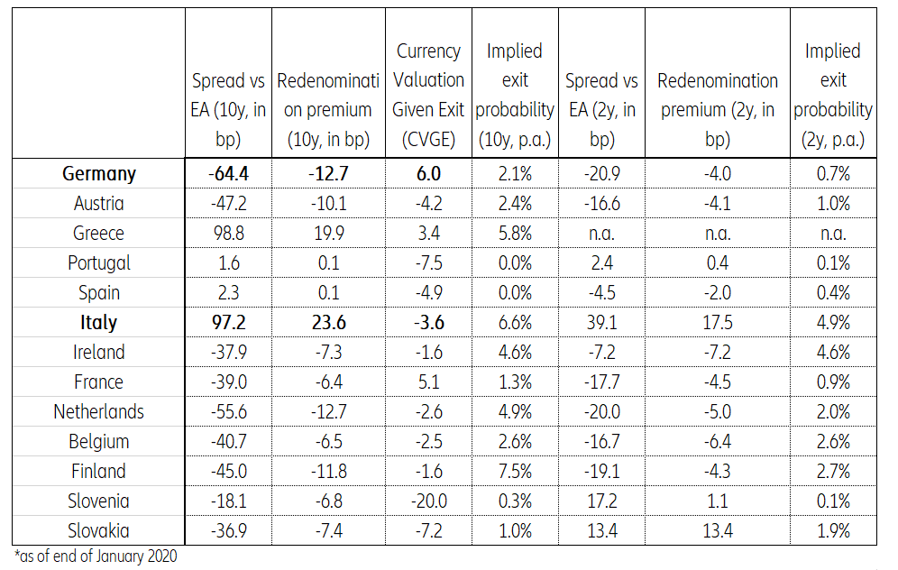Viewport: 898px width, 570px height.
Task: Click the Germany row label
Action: pyautogui.click(x=99, y=174)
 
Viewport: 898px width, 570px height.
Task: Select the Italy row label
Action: pyautogui.click(x=99, y=323)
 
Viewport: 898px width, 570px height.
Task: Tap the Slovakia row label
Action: pyautogui.click(x=99, y=531)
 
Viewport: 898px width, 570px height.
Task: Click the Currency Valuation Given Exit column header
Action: pyautogui.click(x=429, y=95)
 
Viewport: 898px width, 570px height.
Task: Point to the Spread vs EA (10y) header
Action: pyautogui.click(x=229, y=110)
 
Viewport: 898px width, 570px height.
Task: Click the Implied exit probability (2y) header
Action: pyautogui.click(x=833, y=95)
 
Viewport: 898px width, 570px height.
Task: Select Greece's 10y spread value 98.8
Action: pyautogui.click(x=229, y=234)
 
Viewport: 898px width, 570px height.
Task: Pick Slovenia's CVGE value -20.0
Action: pyautogui.click(x=429, y=501)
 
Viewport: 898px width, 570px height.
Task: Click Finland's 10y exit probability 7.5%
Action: pyautogui.click(x=515, y=472)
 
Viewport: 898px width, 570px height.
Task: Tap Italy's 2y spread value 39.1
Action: pyautogui.click(x=601, y=323)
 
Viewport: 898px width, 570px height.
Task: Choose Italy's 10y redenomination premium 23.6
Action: pyautogui.click(x=325, y=323)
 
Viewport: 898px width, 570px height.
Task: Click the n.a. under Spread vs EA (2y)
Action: pyautogui.click(x=601, y=234)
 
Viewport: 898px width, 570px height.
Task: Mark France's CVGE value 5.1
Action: pyautogui.click(x=429, y=382)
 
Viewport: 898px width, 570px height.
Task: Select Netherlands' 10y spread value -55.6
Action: pyautogui.click(x=229, y=412)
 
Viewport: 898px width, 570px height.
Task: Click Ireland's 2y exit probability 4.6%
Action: pyautogui.click(x=833, y=353)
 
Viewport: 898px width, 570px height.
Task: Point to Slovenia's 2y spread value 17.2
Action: pyautogui.click(x=601, y=501)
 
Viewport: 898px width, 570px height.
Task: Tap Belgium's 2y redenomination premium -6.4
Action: pyautogui.click(x=718, y=442)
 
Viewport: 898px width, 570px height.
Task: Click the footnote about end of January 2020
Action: pyautogui.click(x=96, y=556)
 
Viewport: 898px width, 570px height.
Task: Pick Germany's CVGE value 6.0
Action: pyautogui.click(x=429, y=174)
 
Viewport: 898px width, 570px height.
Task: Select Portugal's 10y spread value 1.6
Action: pyautogui.click(x=229, y=263)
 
